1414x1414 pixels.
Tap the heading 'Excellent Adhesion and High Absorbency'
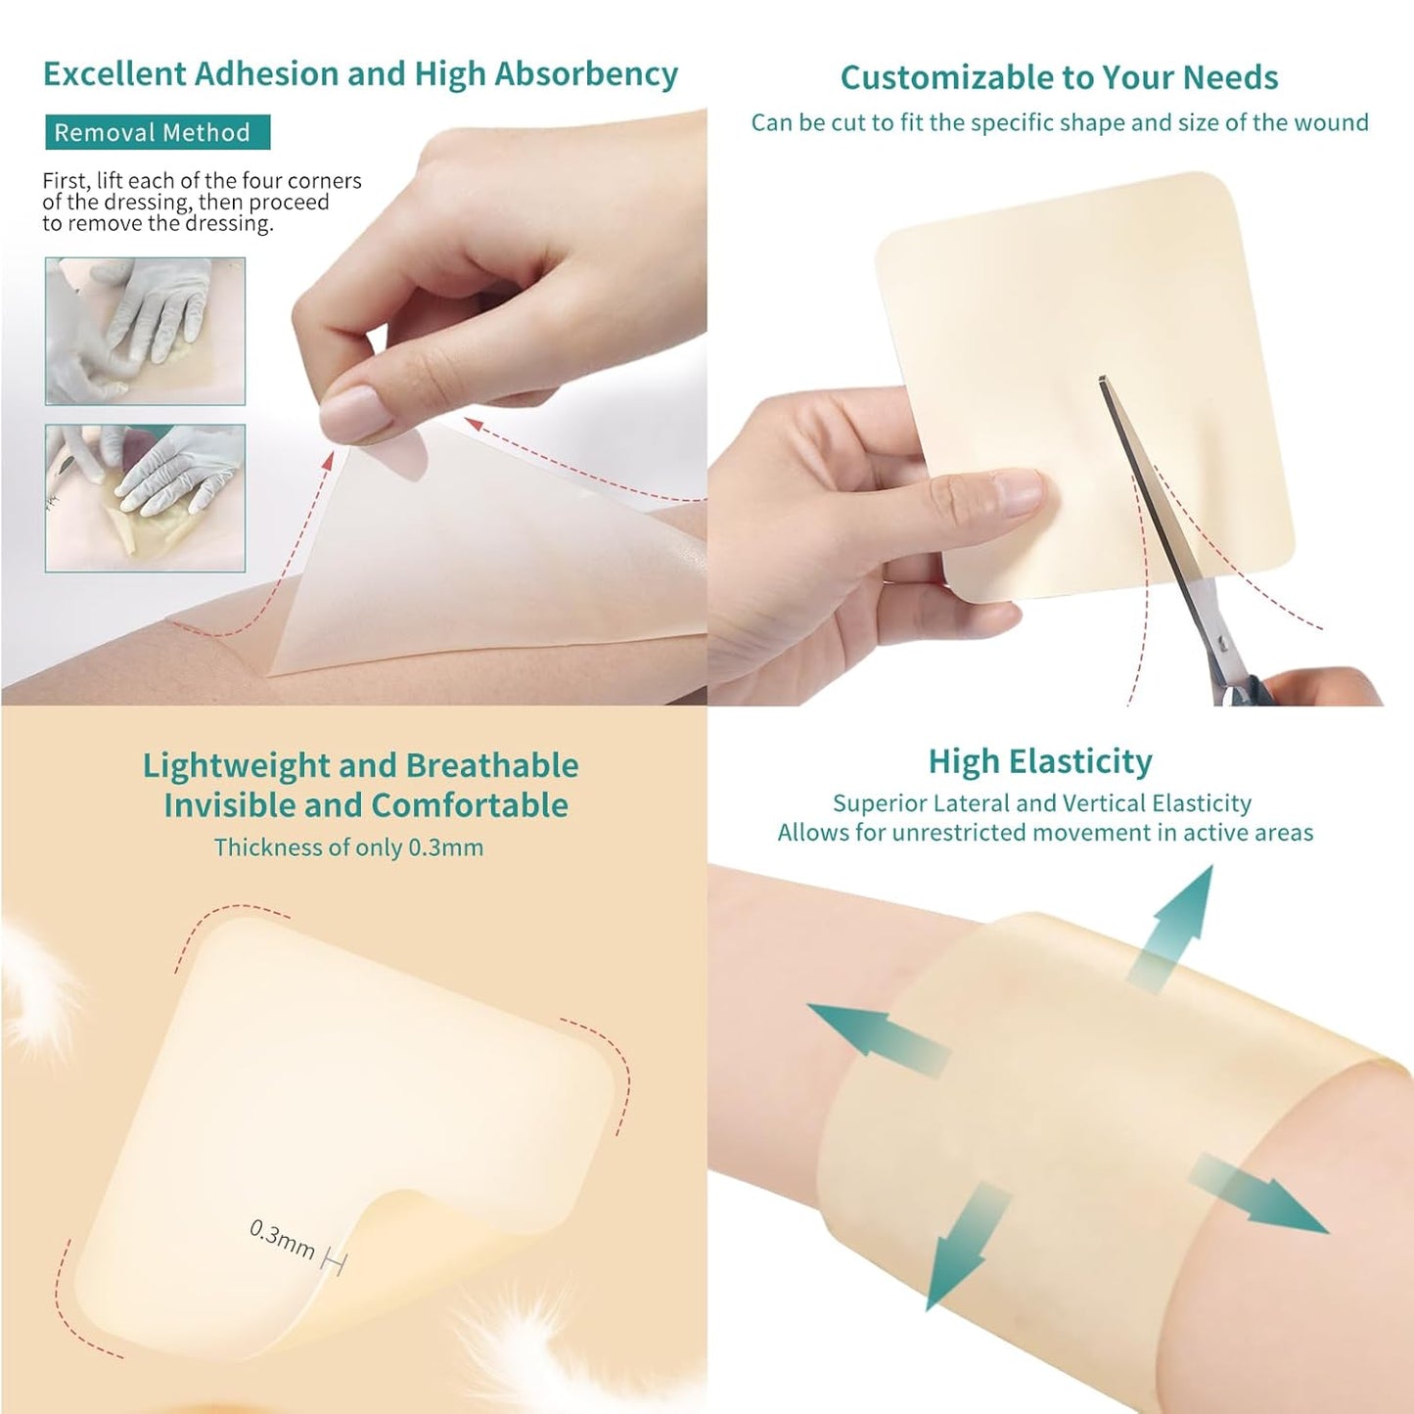pyautogui.click(x=360, y=74)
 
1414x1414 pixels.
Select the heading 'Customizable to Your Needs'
pyautogui.click(x=1059, y=77)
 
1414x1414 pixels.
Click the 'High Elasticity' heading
pyautogui.click(x=1040, y=761)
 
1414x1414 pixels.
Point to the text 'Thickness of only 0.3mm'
pyautogui.click(x=348, y=847)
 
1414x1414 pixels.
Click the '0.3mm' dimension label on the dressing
pyautogui.click(x=283, y=1239)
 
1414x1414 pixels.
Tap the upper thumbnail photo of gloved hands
pyautogui.click(x=145, y=332)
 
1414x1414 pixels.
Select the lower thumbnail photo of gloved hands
pyautogui.click(x=145, y=498)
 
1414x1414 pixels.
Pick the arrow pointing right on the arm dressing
pyautogui.click(x=1262, y=1194)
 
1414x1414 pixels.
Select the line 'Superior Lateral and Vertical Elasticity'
pyautogui.click(x=1041, y=803)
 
